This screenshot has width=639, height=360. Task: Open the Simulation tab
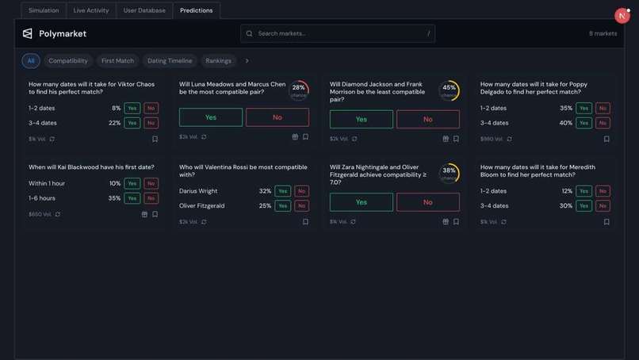click(44, 10)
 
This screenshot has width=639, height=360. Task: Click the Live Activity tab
click(91, 10)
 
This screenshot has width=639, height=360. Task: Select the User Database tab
click(144, 10)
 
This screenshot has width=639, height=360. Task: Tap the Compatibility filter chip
click(68, 61)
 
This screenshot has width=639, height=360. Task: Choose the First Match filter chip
click(117, 61)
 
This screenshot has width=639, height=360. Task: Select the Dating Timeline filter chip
click(170, 61)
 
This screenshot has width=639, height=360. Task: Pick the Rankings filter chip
click(218, 61)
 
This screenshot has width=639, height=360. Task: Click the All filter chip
click(31, 61)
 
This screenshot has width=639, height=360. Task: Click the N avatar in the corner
click(622, 16)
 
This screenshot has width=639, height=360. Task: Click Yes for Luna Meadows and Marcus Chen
click(211, 117)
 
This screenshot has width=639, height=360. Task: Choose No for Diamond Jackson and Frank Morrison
click(428, 119)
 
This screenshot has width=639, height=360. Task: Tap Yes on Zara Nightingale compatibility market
click(362, 202)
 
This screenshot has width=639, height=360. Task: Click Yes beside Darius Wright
click(283, 191)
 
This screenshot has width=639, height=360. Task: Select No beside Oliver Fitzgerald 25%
click(302, 206)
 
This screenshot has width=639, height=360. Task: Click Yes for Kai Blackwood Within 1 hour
click(132, 184)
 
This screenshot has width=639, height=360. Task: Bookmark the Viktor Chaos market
click(155, 139)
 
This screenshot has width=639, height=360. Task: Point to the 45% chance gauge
click(449, 90)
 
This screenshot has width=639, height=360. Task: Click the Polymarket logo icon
click(28, 33)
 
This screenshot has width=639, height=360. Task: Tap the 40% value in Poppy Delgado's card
click(565, 123)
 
